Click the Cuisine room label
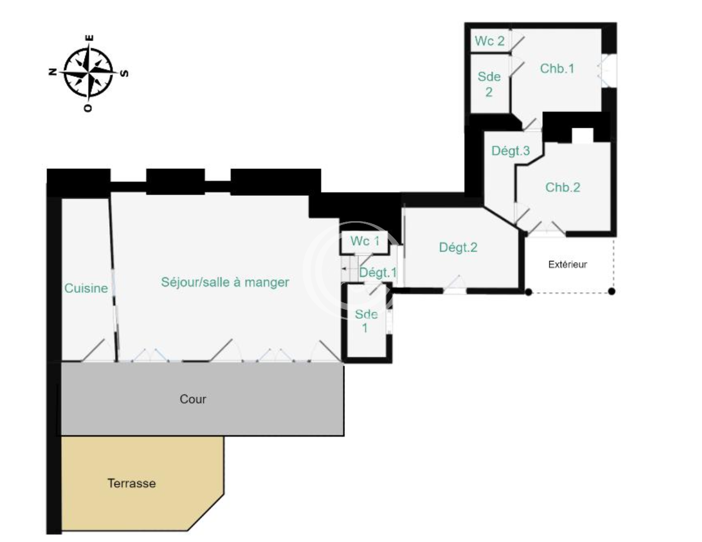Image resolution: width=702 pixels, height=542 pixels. pos(86,288)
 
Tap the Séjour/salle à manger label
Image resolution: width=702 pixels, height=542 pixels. pos(225,282)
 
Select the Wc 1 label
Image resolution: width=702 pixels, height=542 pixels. pos(364,241)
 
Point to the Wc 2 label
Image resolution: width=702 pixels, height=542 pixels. pos(489,41)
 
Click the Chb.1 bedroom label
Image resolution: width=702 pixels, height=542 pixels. pos(557,68)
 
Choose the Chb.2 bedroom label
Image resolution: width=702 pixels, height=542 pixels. pos(563,187)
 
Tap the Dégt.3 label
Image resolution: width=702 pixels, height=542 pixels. pos(510,151)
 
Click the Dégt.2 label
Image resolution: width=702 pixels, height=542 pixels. pos(458,247)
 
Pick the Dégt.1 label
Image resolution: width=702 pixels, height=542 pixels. pos(378,273)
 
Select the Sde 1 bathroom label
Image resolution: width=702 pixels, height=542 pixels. pos(366,321)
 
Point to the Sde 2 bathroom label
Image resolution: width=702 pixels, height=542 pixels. pos(489,84)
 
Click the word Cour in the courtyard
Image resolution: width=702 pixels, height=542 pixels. pos(193,399)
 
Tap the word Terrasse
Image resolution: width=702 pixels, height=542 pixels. pos(131,484)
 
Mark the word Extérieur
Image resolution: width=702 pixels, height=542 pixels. pos(567,265)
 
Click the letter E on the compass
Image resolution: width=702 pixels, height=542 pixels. pos(90,38)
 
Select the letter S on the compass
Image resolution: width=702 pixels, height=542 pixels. pos(124,74)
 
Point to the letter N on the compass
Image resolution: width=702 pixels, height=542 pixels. pos(52,72)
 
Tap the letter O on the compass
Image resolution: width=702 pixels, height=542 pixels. pos(87,108)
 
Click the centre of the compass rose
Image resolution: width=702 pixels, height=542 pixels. pos(89,73)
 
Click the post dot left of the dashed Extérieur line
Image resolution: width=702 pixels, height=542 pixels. pos(528,292)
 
